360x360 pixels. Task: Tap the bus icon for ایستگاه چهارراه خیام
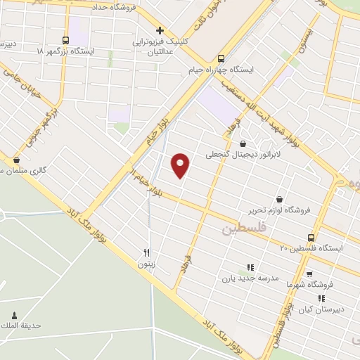tap(221, 59)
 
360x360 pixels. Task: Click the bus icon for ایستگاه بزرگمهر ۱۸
tap(65, 41)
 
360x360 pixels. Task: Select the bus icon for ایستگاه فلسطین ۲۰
tap(311, 237)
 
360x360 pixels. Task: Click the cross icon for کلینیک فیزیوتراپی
tap(160, 30)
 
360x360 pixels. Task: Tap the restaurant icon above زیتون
tap(146, 253)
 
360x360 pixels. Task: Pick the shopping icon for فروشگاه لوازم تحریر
tap(281, 199)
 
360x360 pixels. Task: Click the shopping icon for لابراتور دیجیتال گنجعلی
tap(242, 143)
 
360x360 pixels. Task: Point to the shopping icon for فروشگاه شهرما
tap(309, 273)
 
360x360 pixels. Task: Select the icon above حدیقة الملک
tap(13, 315)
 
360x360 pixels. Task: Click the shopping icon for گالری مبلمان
tap(16, 160)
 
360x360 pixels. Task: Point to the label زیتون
tap(146, 264)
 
